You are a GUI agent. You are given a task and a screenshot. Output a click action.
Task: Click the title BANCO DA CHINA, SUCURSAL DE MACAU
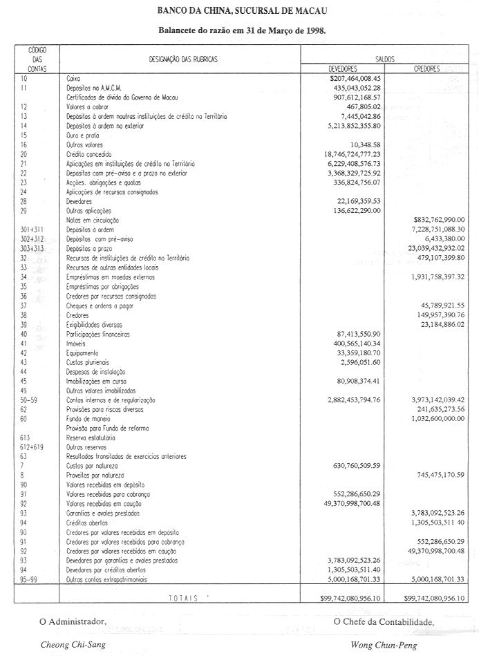[x=242, y=12]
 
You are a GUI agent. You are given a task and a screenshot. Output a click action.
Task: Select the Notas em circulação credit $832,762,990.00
[x=433, y=219]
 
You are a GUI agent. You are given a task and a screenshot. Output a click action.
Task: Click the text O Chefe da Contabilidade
[x=384, y=621]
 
